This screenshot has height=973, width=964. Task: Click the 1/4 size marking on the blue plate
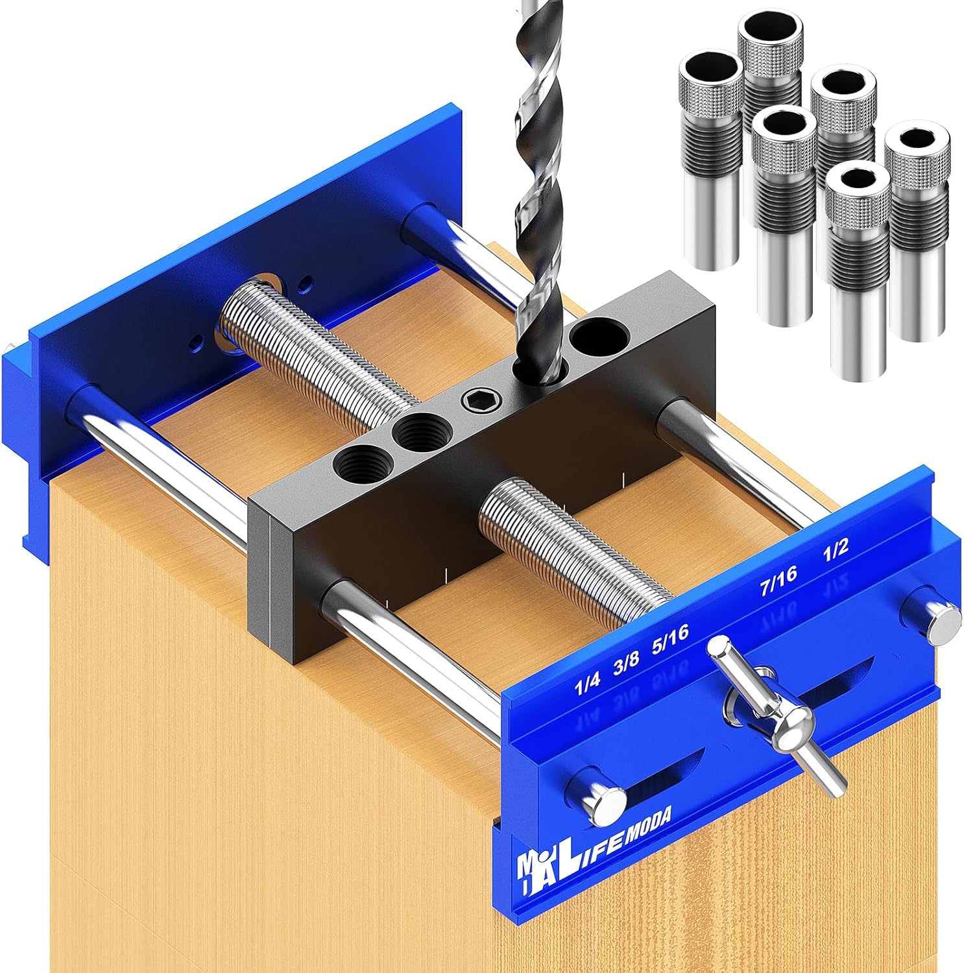(588, 685)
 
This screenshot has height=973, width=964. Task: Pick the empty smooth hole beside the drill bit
(599, 337)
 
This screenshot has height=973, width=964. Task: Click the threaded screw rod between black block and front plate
(571, 545)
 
